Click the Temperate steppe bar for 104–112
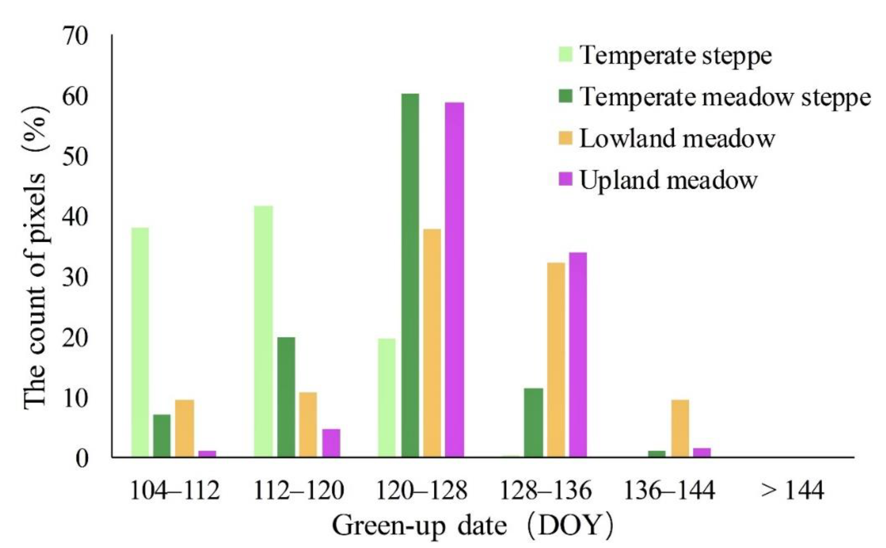coord(140,342)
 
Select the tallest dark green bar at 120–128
coord(410,276)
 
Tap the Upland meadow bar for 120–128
coord(454,280)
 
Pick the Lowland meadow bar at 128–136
coord(556,360)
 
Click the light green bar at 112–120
coord(263,331)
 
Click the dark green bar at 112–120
coord(286,397)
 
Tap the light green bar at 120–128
coord(387,398)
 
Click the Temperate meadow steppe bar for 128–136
coord(533,423)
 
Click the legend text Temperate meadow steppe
coord(725,97)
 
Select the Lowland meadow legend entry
coord(677,139)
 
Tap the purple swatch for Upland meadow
coord(565,179)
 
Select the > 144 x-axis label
coord(793,491)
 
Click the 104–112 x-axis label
coord(175,491)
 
